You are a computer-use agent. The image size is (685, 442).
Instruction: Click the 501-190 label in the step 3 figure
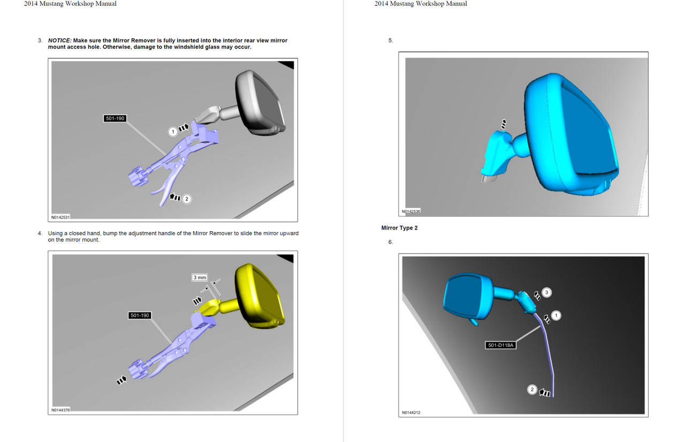[115, 118]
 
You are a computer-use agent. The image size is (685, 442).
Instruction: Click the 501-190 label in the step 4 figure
[140, 315]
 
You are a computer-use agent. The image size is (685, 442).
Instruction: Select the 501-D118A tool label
[500, 345]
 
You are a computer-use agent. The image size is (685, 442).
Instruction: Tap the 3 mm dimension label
[199, 278]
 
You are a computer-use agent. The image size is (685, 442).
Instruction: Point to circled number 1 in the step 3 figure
[172, 131]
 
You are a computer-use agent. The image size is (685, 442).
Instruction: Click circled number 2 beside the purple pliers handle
[186, 199]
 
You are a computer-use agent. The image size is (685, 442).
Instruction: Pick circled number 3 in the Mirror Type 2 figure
[546, 292]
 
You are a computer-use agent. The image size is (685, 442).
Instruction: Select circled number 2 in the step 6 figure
[532, 390]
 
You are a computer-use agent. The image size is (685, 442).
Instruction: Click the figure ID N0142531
[60, 218]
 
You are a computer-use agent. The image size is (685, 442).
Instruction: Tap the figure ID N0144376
[60, 410]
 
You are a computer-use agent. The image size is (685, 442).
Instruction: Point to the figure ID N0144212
[411, 413]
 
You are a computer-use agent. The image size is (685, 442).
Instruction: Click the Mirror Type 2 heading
[399, 228]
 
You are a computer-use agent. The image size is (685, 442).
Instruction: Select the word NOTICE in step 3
[59, 41]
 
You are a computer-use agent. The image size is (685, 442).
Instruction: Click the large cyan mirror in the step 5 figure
[573, 134]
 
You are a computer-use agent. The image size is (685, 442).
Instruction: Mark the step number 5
[390, 41]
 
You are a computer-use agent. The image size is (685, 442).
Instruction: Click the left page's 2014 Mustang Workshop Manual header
[70, 4]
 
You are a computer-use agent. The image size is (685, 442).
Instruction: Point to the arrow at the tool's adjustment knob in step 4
[121, 380]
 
